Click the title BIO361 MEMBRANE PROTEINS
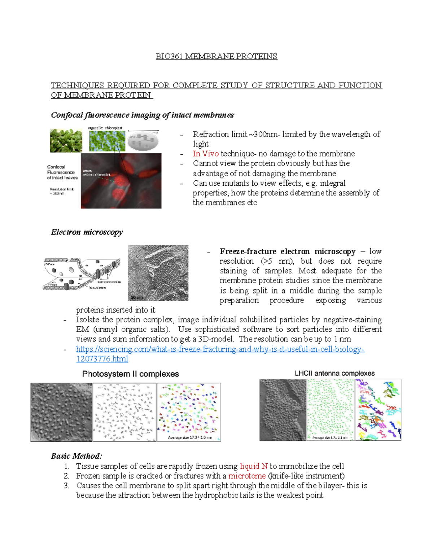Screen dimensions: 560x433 point(216,56)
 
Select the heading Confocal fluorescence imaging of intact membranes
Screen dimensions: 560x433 point(142,115)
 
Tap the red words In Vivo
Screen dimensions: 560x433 point(205,154)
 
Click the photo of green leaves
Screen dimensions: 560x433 point(66,141)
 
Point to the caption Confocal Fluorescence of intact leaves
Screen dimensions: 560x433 point(62,172)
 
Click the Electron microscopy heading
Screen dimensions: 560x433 point(87,232)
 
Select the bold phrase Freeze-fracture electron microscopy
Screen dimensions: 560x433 point(287,251)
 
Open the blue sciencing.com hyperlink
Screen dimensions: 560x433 point(220,349)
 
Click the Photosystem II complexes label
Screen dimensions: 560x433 point(130,374)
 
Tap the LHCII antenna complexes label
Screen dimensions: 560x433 point(334,373)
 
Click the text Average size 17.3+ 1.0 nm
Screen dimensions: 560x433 point(190,437)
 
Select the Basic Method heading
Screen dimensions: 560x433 point(76,456)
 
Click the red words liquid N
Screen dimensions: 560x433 point(254,466)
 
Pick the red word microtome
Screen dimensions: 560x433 point(247,476)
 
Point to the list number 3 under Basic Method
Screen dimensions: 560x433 point(66,486)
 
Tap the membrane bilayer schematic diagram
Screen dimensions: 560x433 point(82,274)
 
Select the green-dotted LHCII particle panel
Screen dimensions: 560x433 point(331,410)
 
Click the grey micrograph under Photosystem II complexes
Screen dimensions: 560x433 point(61,412)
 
